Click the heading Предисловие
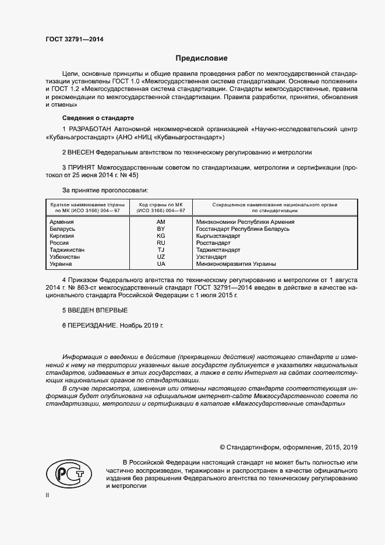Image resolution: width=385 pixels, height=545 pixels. tap(202, 58)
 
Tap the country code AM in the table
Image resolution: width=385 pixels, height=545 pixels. tap(161, 222)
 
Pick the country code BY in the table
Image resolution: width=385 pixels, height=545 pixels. tap(161, 229)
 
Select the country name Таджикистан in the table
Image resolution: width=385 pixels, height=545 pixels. tap(68, 250)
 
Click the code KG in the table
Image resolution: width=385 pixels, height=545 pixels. tap(161, 236)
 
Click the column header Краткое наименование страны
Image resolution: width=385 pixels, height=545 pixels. tap(85, 205)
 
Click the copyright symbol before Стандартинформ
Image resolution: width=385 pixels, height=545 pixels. tap(222, 447)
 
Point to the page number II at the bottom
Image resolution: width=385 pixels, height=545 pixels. tap(48, 495)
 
